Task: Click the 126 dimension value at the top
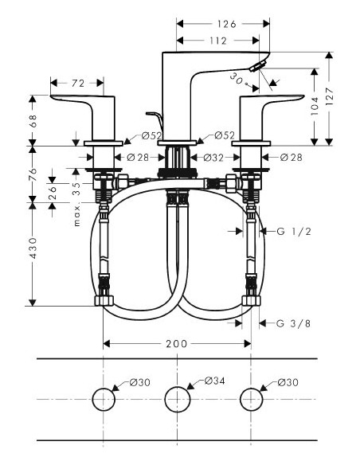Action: (227, 24)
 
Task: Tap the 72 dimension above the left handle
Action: (78, 82)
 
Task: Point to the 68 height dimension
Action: (33, 121)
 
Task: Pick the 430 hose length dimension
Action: (33, 252)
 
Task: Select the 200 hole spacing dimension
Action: (177, 343)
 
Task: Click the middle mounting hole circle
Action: (177, 398)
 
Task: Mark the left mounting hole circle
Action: (103, 398)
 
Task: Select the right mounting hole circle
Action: (252, 398)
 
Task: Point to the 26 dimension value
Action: (52, 193)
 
